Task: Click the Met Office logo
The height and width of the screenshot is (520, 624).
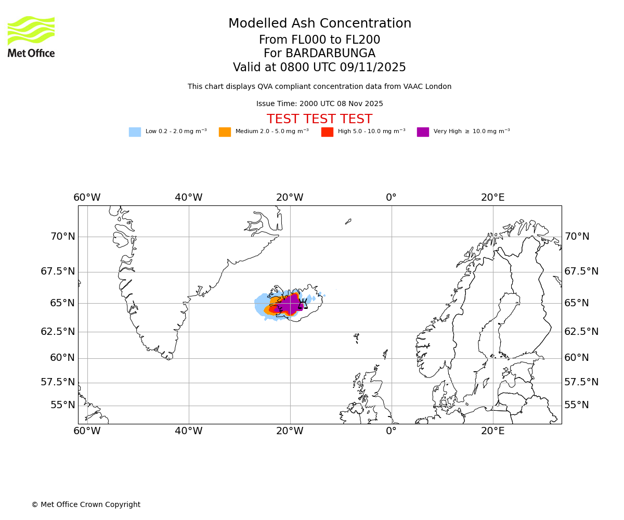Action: [31, 36]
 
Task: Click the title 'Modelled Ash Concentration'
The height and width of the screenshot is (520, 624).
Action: [319, 23]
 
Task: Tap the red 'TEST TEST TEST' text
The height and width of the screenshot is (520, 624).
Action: [319, 119]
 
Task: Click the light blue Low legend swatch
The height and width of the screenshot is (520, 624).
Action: [135, 132]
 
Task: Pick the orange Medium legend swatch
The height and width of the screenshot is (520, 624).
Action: [225, 132]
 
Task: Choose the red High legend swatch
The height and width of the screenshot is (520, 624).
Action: [327, 132]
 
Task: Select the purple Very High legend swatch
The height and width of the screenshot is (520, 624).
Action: [423, 132]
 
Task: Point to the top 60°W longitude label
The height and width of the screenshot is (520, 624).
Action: [87, 198]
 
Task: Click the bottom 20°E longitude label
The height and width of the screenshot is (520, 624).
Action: [492, 431]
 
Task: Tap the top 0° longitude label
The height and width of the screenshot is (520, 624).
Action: [391, 198]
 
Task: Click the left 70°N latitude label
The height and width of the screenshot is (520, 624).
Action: [62, 237]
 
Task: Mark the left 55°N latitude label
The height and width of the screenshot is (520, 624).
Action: [62, 405]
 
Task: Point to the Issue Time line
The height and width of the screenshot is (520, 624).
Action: [319, 104]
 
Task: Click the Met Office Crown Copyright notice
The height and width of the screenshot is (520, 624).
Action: [86, 504]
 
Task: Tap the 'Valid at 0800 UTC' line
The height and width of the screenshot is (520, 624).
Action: [319, 68]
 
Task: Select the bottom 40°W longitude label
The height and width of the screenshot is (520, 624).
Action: [188, 431]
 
